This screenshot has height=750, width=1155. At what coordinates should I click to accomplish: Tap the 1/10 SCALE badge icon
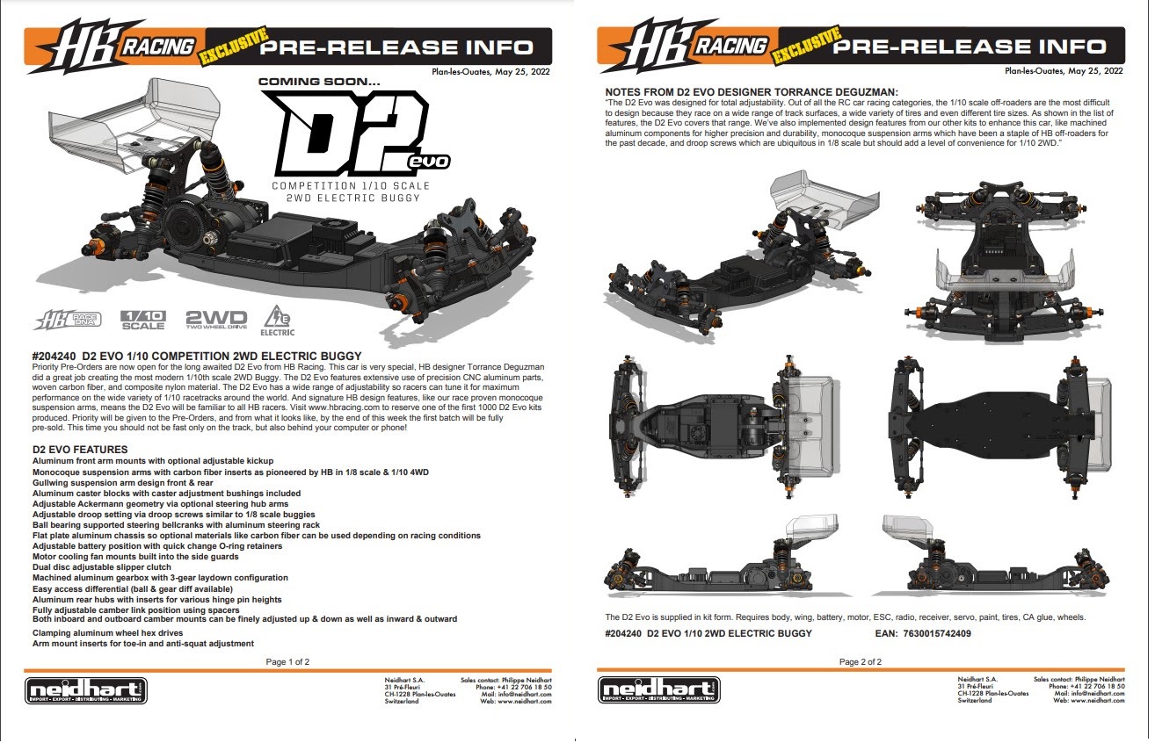(142, 320)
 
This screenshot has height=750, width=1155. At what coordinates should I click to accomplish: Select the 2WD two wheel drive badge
(216, 320)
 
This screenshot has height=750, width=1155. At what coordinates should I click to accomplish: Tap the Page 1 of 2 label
(287, 661)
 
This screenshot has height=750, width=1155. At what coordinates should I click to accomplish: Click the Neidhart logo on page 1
(87, 690)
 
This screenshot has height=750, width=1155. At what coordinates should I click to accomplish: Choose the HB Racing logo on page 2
(682, 46)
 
